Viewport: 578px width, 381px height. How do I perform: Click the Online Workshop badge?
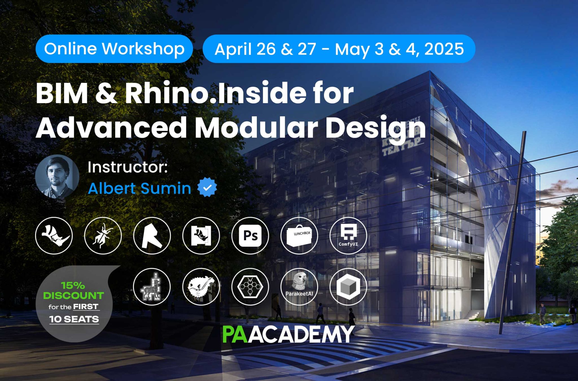[x=114, y=49]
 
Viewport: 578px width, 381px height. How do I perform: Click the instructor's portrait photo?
[x=57, y=176]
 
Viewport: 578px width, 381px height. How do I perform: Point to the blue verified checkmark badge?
[x=207, y=187]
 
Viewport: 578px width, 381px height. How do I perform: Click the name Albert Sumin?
[x=139, y=188]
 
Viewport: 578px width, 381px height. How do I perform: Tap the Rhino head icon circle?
[x=54, y=236]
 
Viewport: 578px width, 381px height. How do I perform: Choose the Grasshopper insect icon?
[x=103, y=236]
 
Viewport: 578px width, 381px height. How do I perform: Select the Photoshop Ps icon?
[x=250, y=236]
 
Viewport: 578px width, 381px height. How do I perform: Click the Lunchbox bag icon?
[x=299, y=236]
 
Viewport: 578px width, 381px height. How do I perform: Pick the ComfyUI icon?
[x=348, y=236]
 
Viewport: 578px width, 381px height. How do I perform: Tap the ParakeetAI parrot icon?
[x=299, y=287]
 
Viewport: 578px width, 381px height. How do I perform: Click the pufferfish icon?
[x=201, y=287]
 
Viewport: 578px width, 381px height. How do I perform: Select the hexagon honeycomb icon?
[x=250, y=287]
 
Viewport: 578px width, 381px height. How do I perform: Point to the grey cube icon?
[x=348, y=287]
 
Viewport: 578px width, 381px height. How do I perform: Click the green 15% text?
[x=73, y=285]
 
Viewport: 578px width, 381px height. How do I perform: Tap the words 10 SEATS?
[x=74, y=319]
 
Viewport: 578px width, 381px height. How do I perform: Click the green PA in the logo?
[x=235, y=335]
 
